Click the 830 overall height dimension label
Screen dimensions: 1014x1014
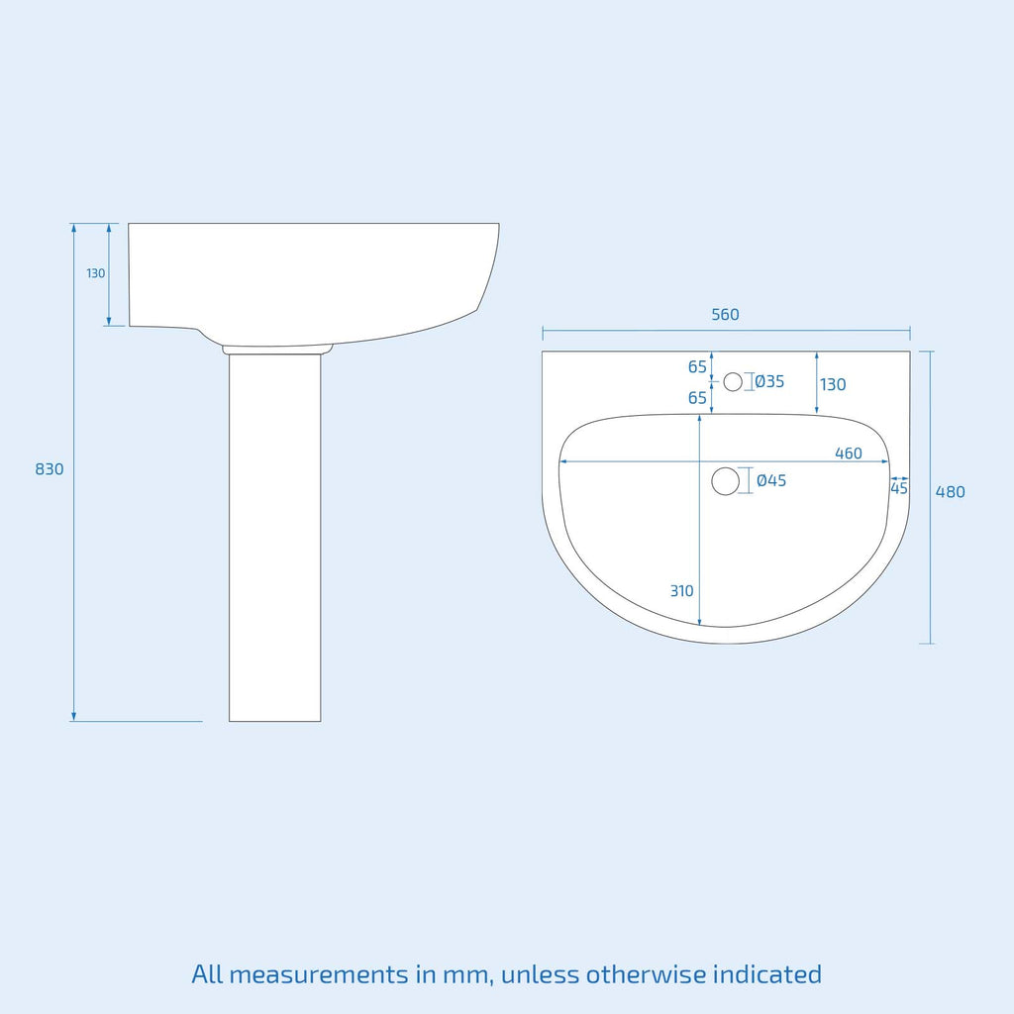tap(50, 469)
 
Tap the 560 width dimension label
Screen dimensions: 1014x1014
tap(725, 315)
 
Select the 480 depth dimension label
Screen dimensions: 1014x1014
tap(950, 492)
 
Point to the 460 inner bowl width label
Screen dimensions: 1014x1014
tap(849, 454)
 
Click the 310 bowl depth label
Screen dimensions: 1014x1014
tap(681, 591)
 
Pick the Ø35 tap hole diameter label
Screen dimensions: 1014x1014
tap(769, 381)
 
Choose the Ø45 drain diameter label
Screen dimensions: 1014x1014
tap(771, 480)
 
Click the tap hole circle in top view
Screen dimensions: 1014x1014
tap(733, 382)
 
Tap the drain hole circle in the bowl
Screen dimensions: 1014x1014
tap(725, 481)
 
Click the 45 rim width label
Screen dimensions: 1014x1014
tap(899, 488)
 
